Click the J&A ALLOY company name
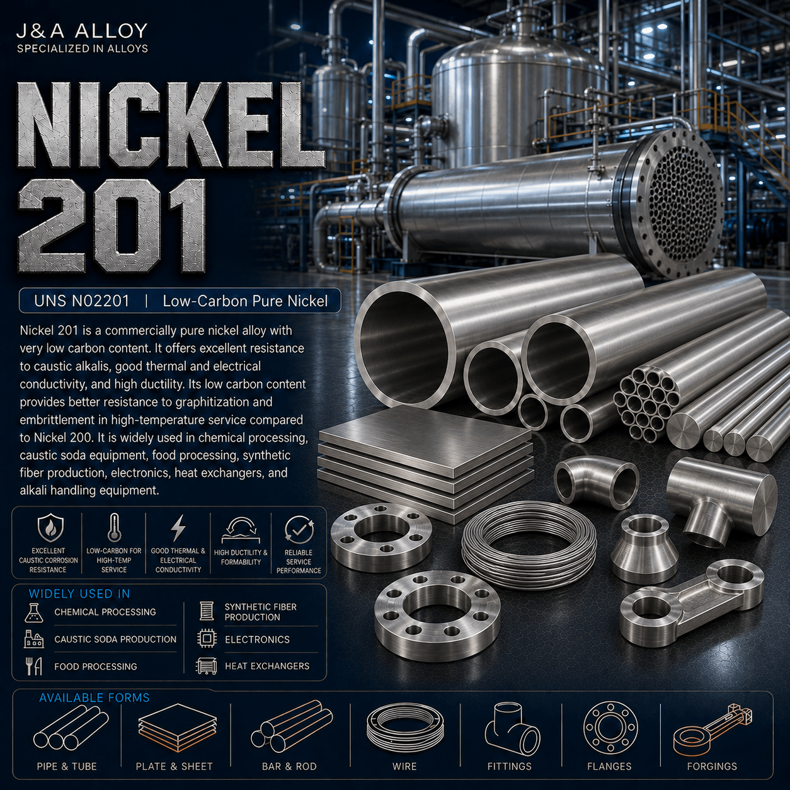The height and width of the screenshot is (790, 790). click(x=82, y=31)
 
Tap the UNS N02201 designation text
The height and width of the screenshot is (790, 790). click(x=81, y=301)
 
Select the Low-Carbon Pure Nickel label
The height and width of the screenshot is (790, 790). click(x=245, y=301)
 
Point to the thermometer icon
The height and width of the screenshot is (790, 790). click(x=114, y=527)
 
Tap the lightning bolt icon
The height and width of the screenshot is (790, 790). click(x=178, y=528)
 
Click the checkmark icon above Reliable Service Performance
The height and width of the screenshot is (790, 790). click(x=299, y=529)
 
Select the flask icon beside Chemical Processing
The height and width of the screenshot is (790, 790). click(x=34, y=613)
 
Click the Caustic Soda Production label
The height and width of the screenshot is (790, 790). click(x=115, y=639)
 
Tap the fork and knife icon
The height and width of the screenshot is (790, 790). click(x=34, y=666)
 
